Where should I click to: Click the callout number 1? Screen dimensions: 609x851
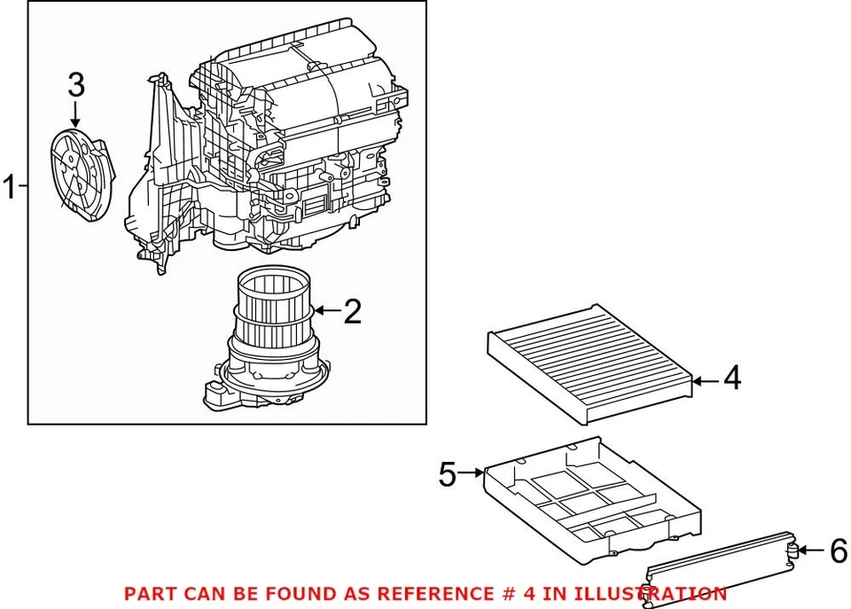(10, 188)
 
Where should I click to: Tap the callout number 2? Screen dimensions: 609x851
(352, 311)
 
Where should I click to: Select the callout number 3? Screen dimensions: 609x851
(76, 85)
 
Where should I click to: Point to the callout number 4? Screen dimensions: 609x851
(731, 379)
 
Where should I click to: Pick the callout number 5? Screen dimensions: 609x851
(449, 475)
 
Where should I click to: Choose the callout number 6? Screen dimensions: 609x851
(838, 551)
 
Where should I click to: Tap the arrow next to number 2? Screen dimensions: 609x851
(326, 311)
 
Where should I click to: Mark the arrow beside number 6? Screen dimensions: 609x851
(810, 551)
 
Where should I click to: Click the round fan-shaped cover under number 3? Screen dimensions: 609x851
(82, 174)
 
